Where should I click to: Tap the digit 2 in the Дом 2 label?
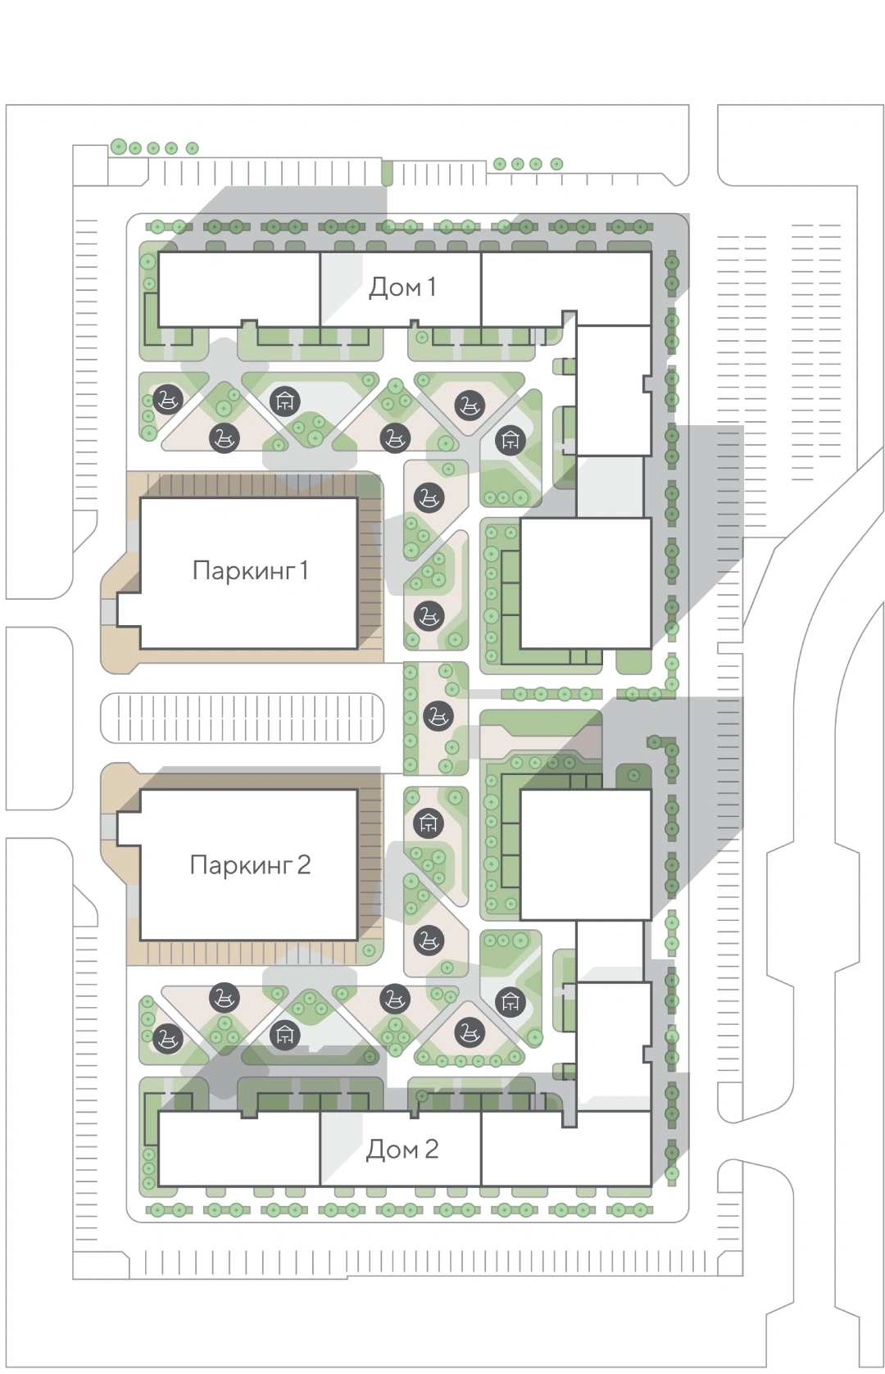(x=431, y=1149)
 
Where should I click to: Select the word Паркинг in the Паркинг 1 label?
(x=243, y=571)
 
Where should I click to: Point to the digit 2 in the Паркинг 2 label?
(x=303, y=864)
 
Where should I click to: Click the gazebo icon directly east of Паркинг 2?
(x=428, y=823)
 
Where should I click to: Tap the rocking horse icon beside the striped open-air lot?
(x=438, y=716)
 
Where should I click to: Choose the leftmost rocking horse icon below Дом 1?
(x=167, y=399)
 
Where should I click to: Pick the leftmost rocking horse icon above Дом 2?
(x=167, y=1038)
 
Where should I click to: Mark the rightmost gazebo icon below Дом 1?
(x=510, y=439)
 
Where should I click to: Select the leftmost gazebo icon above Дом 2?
(x=284, y=1036)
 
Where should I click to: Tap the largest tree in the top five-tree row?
(x=119, y=147)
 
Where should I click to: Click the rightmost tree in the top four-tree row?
(x=556, y=164)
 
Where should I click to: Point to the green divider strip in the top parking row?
(x=387, y=173)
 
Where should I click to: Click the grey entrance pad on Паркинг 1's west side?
(x=108, y=611)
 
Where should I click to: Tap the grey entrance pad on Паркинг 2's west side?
(x=108, y=827)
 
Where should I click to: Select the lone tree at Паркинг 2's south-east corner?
(x=369, y=950)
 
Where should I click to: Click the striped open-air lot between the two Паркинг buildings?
(x=243, y=718)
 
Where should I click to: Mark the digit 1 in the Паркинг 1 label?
(x=303, y=570)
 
